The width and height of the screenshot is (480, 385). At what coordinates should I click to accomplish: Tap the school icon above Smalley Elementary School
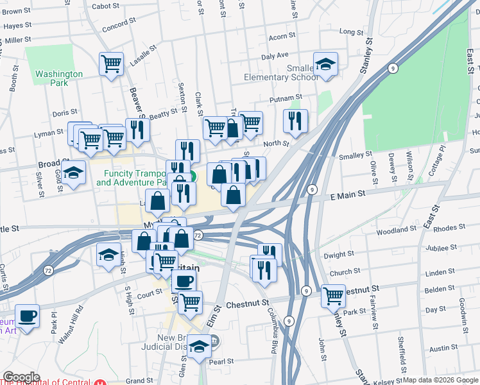[x=326, y=64]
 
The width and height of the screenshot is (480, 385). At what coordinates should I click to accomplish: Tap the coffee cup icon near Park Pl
[x=27, y=316]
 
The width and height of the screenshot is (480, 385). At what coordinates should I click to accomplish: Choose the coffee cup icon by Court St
[x=184, y=281]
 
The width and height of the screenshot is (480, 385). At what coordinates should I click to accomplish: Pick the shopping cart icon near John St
[x=333, y=296]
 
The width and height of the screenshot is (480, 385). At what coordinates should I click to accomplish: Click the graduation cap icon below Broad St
[x=74, y=172]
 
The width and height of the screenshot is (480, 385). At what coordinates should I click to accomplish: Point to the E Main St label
[x=348, y=193]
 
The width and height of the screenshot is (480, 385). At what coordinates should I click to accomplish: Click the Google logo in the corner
[x=21, y=377]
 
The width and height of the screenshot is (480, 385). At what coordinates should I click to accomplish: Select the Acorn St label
[x=282, y=36]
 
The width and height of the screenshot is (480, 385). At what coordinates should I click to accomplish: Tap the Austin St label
[x=443, y=348]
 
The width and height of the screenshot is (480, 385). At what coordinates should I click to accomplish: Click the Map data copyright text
[x=440, y=380]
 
